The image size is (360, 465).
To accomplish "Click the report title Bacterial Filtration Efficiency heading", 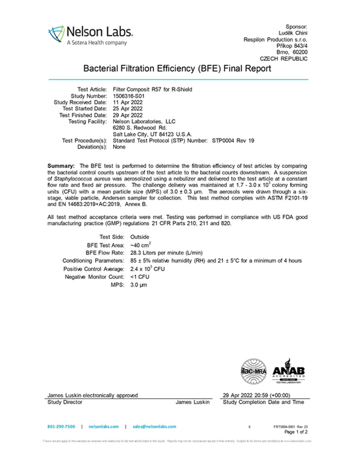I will (178, 68).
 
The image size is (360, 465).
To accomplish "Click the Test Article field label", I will (92, 89).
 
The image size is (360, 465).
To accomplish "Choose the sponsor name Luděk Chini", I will (293, 33).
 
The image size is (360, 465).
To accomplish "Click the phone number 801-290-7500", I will (61, 426).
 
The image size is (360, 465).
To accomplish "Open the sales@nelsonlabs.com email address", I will (154, 426).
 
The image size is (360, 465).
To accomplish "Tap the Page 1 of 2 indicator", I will (296, 432).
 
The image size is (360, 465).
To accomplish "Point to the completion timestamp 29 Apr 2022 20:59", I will (256, 395).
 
